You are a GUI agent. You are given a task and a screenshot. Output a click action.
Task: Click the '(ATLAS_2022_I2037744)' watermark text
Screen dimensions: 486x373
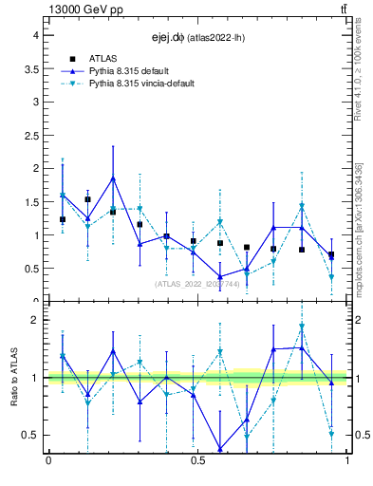coord(198,283)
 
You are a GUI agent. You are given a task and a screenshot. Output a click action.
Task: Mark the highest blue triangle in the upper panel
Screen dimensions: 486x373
coord(113,178)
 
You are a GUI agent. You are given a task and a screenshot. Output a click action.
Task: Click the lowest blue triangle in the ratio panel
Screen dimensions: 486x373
coord(220,449)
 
